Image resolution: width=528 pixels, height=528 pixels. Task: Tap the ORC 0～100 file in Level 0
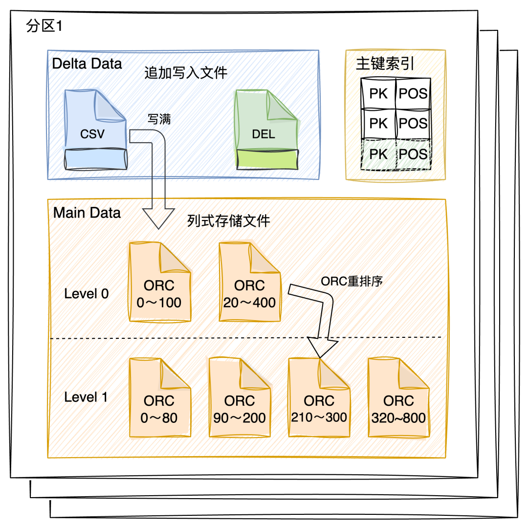point(159,283)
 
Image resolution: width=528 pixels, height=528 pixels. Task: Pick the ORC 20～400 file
point(250,283)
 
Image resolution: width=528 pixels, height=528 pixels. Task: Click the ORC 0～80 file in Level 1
point(159,398)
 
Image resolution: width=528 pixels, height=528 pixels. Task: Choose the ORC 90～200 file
point(240,398)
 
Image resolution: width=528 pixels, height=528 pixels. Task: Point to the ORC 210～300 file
point(319,398)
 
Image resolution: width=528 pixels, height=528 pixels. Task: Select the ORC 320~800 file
point(399,398)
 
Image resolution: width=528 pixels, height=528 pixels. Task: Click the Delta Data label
point(87,64)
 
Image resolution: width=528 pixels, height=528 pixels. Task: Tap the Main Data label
point(87,213)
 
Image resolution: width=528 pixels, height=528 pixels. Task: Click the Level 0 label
point(87,294)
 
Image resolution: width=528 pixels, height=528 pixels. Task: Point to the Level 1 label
point(86,397)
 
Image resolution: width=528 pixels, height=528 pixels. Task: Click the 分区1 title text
point(44,26)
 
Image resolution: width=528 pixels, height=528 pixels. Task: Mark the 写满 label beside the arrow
point(159,119)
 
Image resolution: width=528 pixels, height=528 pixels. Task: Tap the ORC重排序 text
point(352,282)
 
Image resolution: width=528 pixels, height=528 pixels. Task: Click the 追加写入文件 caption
point(186,73)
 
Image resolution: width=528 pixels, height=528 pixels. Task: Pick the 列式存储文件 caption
point(229,221)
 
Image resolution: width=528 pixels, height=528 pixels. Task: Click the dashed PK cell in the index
point(378,154)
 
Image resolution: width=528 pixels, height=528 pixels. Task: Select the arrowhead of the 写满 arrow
point(158,218)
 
